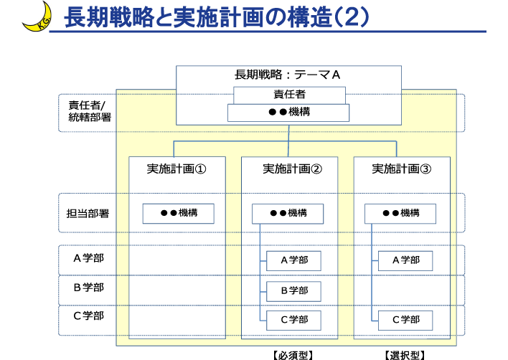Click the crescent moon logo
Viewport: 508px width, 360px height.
36,16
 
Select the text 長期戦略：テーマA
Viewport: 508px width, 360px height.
287,75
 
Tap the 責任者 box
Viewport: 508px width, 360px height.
289,95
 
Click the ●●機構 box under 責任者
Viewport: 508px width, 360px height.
288,113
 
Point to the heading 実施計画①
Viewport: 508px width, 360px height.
177,169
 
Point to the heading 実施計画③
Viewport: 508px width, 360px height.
401,169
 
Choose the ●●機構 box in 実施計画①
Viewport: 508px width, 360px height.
178,213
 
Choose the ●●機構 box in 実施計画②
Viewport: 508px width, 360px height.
287,213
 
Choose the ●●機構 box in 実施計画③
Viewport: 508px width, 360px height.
400,213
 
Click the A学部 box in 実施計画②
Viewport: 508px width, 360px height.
293,260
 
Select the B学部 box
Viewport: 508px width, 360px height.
293,290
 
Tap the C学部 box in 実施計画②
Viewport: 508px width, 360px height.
293,320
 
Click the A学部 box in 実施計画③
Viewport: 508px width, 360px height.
405,260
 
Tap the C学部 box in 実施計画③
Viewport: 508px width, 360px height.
405,320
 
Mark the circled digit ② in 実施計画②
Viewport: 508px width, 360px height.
316,169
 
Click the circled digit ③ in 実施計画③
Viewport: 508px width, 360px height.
425,169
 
